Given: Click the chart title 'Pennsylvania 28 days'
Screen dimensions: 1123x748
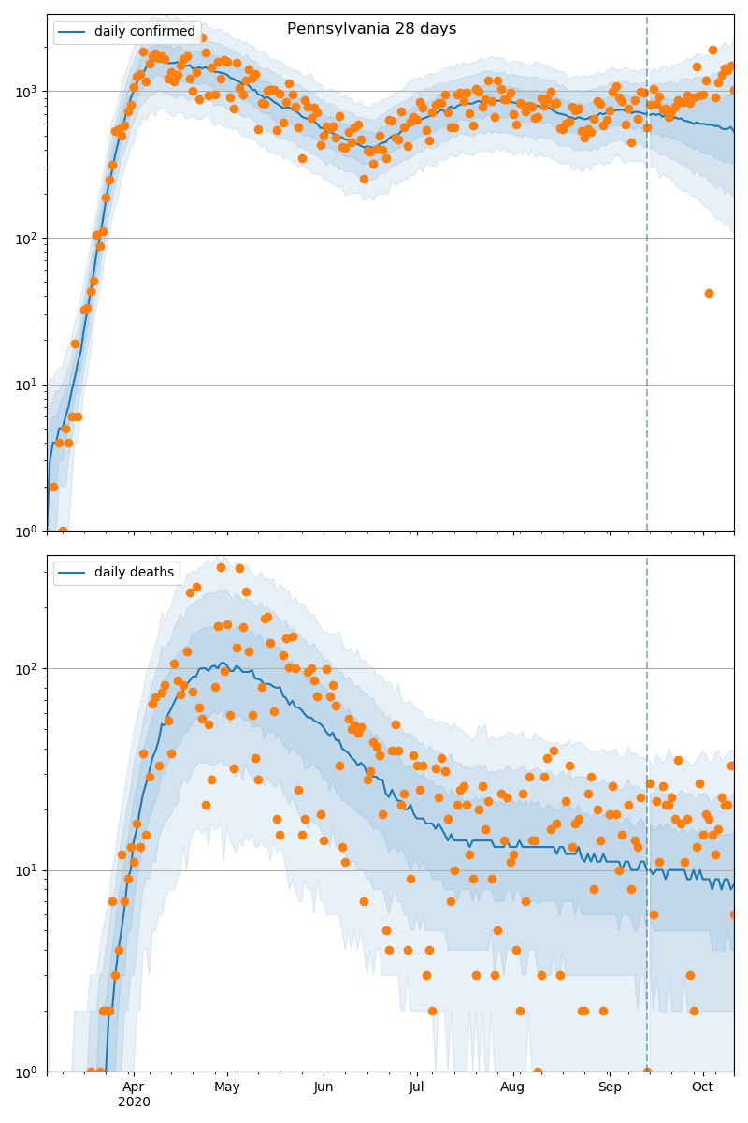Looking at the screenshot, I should (371, 29).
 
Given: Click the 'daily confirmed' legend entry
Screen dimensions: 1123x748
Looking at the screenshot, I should (144, 32).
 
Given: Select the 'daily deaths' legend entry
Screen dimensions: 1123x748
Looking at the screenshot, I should (134, 573).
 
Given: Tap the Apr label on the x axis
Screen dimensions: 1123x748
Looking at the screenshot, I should (133, 1087).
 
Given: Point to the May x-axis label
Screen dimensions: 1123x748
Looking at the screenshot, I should (227, 1087).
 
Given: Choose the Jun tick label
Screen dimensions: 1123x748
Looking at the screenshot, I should (324, 1087).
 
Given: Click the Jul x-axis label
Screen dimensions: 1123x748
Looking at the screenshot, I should (417, 1087).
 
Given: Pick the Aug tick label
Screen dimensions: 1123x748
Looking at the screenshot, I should (512, 1087).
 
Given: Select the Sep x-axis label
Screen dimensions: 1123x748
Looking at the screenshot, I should (610, 1087).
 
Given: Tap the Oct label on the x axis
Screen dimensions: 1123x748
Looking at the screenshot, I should (702, 1087).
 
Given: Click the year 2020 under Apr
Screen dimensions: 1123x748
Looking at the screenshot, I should (134, 1102).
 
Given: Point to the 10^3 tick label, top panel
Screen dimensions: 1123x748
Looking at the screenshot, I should (25, 92).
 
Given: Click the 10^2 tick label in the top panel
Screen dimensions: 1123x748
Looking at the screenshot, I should (25, 239).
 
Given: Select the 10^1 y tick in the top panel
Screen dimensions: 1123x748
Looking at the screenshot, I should (25, 385).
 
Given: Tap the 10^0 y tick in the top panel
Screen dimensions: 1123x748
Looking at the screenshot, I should (25, 532).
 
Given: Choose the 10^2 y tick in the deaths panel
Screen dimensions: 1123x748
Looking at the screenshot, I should (25, 669).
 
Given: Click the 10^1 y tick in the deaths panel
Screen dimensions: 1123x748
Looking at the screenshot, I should (25, 870).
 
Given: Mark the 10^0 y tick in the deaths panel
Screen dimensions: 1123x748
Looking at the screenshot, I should (25, 1072).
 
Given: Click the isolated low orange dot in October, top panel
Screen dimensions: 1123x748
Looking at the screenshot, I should (709, 293).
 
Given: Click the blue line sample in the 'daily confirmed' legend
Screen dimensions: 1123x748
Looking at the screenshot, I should (73, 32).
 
